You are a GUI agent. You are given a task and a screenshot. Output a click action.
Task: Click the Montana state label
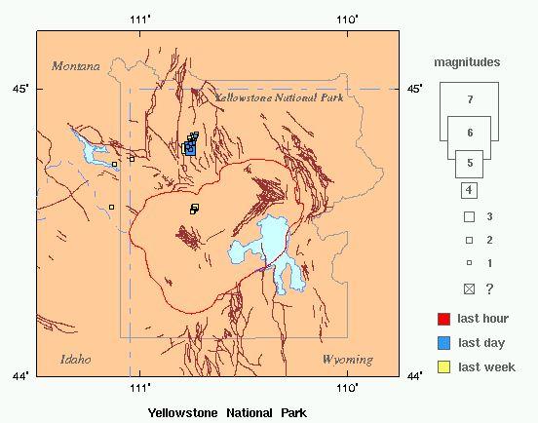coord(76,66)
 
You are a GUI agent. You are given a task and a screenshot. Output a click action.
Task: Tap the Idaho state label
coord(75,359)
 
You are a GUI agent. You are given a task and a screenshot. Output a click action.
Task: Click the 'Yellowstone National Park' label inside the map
coord(278,98)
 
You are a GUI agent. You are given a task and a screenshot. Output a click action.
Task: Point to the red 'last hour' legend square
coord(443,319)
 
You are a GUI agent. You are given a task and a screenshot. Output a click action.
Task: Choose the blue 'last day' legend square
coord(443,342)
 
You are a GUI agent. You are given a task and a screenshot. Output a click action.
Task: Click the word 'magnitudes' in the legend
coord(468,62)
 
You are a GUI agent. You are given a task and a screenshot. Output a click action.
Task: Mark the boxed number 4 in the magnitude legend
coord(469,189)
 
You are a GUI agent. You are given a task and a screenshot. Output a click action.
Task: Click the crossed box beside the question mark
coord(469,288)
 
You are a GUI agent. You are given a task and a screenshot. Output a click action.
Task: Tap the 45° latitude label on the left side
coord(20,89)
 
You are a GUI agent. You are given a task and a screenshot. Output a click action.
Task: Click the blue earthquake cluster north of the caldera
coord(190,147)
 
